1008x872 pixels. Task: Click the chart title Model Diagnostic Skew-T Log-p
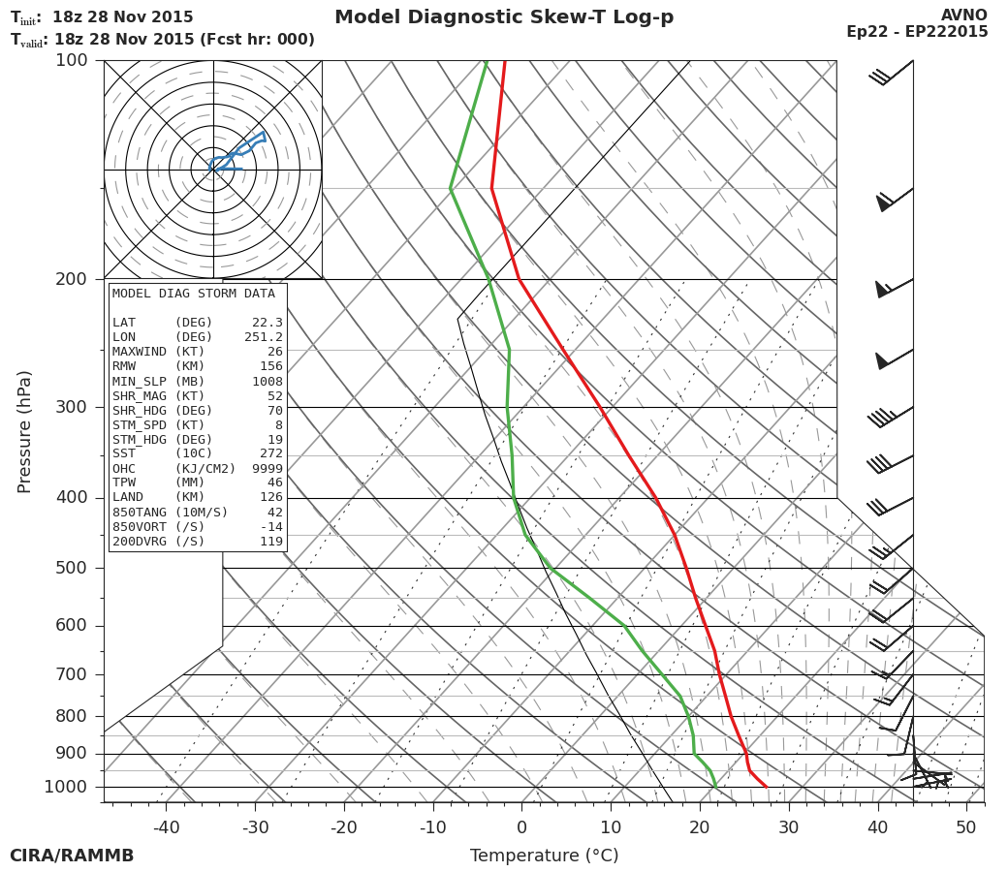coord(504,17)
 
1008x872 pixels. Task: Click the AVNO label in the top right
coord(963,16)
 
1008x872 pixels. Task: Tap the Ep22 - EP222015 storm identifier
coord(917,32)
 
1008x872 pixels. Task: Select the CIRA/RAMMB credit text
coord(72,856)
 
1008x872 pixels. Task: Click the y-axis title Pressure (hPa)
coord(25,431)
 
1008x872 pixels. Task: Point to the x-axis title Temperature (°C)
coord(544,856)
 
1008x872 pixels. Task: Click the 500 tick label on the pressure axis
coord(71,568)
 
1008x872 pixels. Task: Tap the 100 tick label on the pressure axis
coord(71,60)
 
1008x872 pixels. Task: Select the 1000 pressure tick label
coord(66,787)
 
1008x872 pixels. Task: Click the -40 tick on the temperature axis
coord(166,827)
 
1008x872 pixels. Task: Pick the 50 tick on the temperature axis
coord(966,827)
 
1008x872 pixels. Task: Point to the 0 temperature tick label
coord(521,827)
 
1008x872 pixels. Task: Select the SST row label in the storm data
coord(124,453)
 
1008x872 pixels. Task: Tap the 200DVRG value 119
coord(271,542)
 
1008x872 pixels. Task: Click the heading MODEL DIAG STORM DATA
coord(194,294)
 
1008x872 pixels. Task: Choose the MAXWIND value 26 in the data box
coord(275,352)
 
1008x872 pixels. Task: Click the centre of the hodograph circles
coord(213,170)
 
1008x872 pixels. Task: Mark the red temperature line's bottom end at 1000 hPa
coord(767,787)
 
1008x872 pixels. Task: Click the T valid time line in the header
coord(163,40)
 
